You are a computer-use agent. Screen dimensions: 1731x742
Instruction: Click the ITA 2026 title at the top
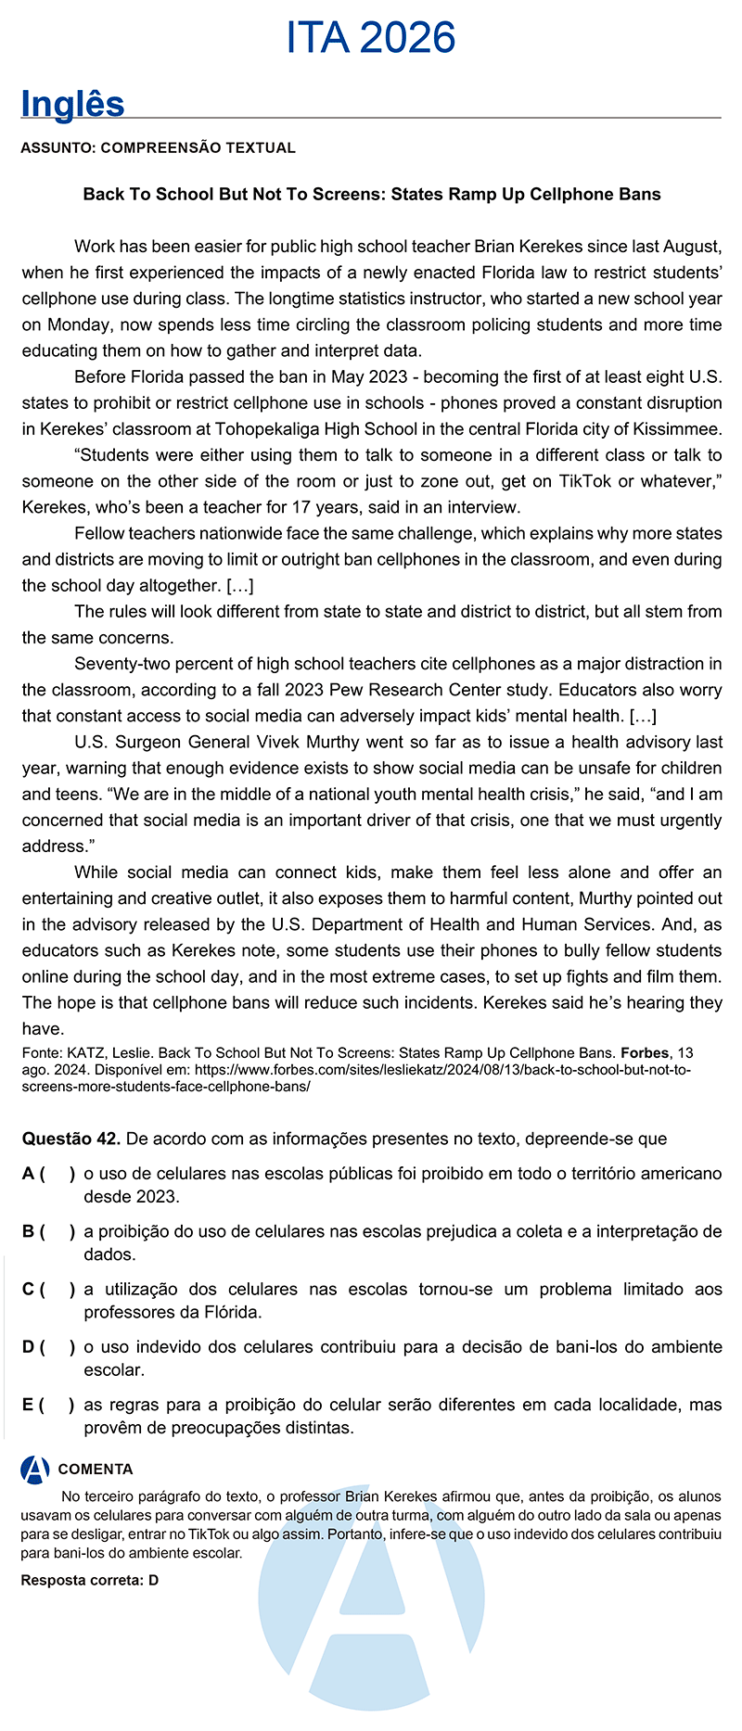pos(371,39)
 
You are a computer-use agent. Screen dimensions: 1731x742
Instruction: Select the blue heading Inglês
pos(72,104)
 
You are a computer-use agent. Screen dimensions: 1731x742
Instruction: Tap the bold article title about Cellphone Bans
pos(372,195)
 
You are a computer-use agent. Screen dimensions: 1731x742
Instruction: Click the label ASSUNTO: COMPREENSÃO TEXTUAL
pos(158,147)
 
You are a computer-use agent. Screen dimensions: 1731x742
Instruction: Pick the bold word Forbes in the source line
pos(644,1053)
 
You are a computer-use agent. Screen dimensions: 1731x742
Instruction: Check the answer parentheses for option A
pos(57,1174)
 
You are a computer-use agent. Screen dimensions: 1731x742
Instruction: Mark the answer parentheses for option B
pos(57,1231)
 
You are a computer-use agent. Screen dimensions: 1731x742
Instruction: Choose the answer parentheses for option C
pos(57,1289)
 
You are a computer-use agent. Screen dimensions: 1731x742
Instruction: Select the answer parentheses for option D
pos(57,1347)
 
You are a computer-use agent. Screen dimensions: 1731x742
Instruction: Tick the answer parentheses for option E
pos(57,1405)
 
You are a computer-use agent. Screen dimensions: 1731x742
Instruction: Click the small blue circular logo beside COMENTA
pos(35,1470)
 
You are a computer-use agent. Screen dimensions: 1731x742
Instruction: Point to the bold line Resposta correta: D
pos(90,1580)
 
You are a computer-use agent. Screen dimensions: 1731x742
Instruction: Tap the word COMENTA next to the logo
pos(96,1470)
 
